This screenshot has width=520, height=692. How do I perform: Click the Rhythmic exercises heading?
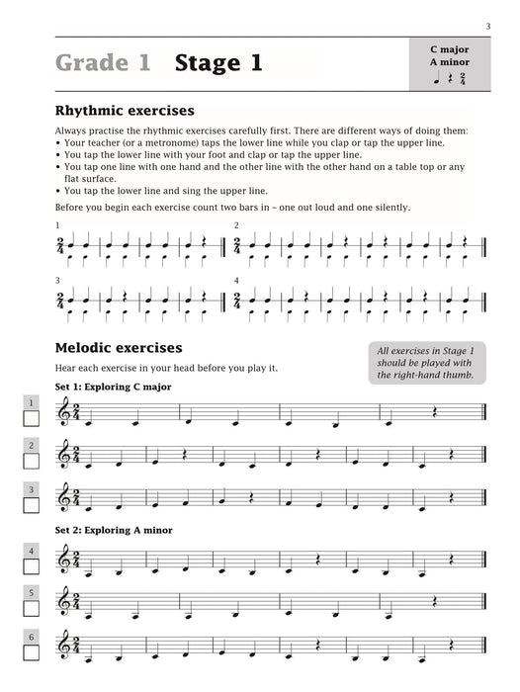pyautogui.click(x=125, y=111)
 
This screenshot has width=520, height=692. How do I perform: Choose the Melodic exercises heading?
pyautogui.click(x=119, y=348)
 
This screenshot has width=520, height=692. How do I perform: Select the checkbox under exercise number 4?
pyautogui.click(x=31, y=568)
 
